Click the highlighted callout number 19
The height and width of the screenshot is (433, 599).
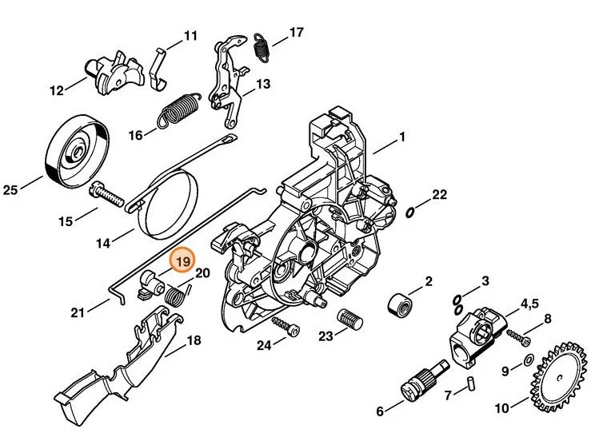182,261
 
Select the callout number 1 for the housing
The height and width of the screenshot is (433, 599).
402,137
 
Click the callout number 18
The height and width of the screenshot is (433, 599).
193,340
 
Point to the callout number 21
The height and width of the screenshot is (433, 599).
76,312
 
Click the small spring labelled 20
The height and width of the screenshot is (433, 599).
178,295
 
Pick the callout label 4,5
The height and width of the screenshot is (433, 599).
531,304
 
